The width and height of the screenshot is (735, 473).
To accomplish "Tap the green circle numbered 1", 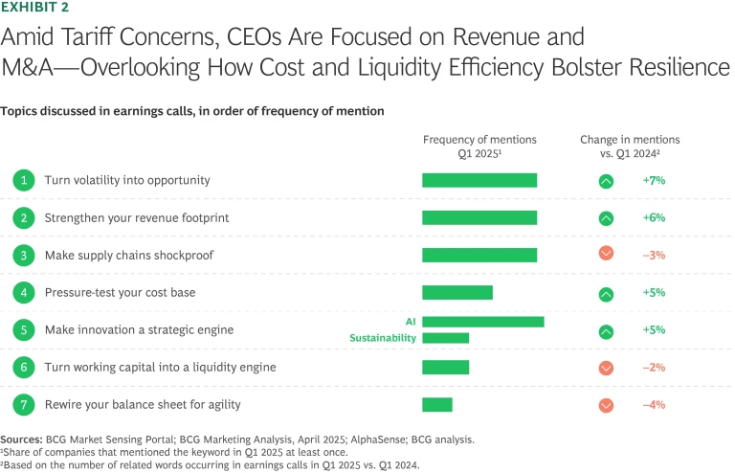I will point(22,180).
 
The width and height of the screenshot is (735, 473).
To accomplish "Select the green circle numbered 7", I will point(22,404).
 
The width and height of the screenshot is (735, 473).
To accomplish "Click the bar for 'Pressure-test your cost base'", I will point(457,292).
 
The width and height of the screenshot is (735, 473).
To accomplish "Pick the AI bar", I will point(483,322).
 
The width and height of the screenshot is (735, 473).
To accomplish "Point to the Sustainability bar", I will point(445,338).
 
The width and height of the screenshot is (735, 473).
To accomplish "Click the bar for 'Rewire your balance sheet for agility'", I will point(437,404).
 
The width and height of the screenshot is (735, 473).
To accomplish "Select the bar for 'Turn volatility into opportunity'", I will point(479,180).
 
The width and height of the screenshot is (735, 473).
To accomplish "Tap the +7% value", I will point(654,180).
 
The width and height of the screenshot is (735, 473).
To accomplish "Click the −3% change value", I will point(654,255).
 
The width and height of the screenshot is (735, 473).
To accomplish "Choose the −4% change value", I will point(654,404).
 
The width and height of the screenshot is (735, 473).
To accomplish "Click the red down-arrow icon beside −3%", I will point(606,254).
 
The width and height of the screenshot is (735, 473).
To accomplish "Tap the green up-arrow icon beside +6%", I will point(606,217).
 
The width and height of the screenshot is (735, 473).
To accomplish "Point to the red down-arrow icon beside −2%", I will point(606,368).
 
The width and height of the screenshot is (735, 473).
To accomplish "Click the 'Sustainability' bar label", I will point(381,338).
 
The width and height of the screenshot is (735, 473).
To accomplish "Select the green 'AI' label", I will point(411,322).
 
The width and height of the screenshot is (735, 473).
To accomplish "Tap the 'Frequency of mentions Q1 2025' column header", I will point(479,146).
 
